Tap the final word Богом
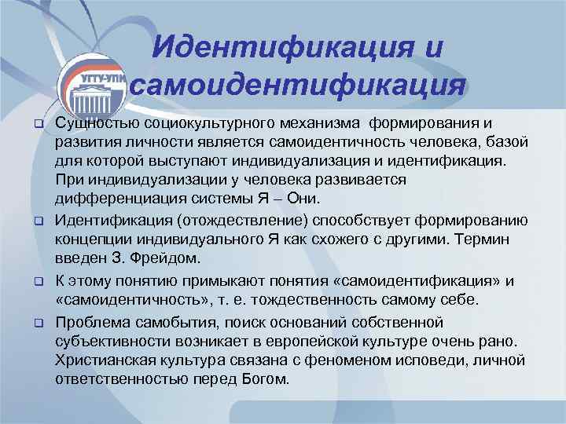pyautogui.click(x=267, y=380)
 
